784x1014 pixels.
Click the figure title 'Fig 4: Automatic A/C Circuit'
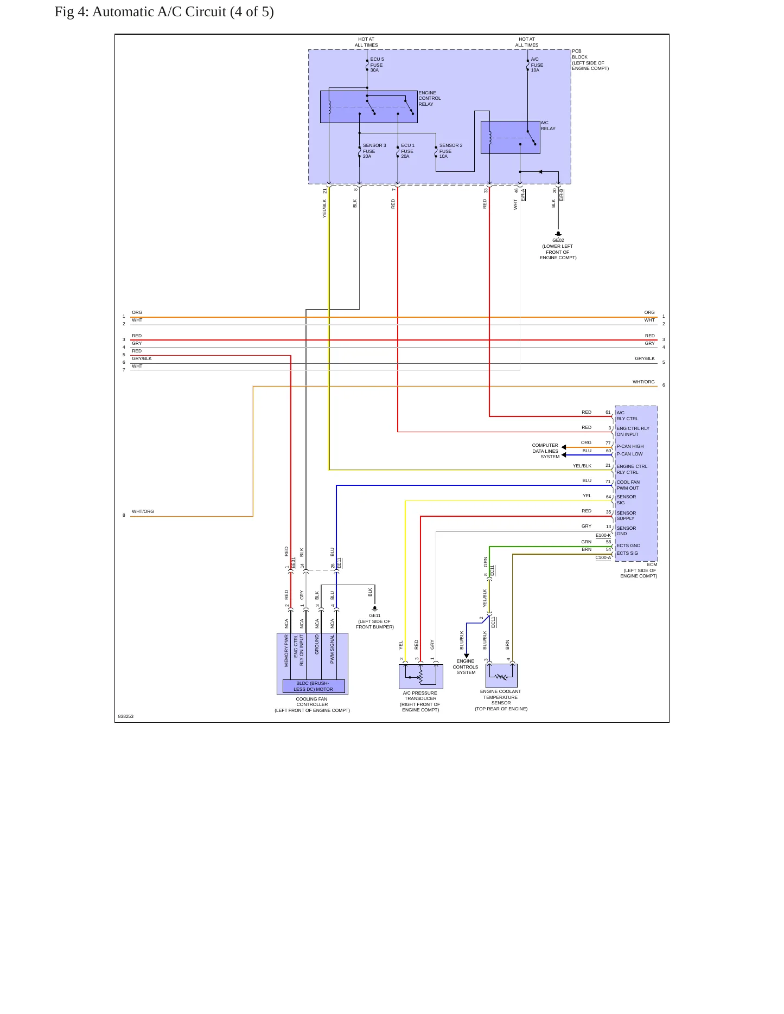(x=140, y=12)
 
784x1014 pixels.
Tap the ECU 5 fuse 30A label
(x=377, y=65)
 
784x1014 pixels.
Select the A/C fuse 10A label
(x=537, y=65)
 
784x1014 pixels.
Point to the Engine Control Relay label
(x=430, y=98)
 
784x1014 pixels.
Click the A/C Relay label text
(x=548, y=126)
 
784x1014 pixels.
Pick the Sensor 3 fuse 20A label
(x=374, y=151)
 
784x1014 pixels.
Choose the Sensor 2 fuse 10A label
(x=451, y=151)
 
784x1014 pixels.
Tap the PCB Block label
(x=590, y=60)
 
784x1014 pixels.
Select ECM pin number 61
(x=608, y=412)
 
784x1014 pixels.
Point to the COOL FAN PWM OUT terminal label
(x=628, y=485)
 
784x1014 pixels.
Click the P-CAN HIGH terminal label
(x=630, y=446)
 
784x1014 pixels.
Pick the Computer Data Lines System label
(x=545, y=451)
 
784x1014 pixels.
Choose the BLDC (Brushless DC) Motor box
(x=314, y=686)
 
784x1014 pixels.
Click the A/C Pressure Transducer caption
(x=420, y=701)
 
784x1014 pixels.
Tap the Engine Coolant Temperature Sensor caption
(x=501, y=700)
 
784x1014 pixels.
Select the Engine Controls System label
(x=466, y=667)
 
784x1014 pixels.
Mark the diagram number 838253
(x=126, y=716)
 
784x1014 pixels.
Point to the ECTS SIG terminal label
(x=627, y=553)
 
